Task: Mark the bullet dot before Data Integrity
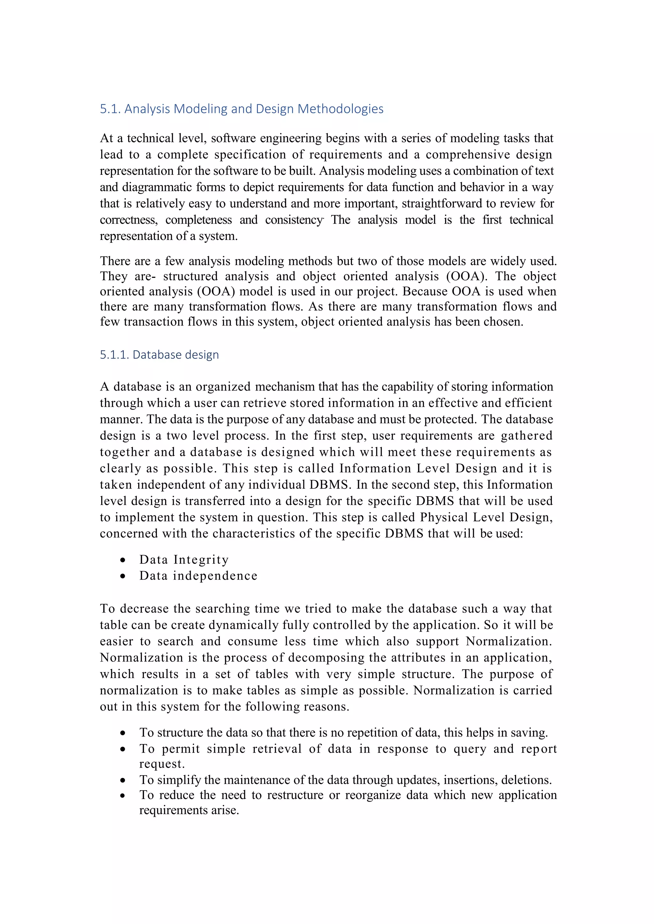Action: point(123,560)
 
